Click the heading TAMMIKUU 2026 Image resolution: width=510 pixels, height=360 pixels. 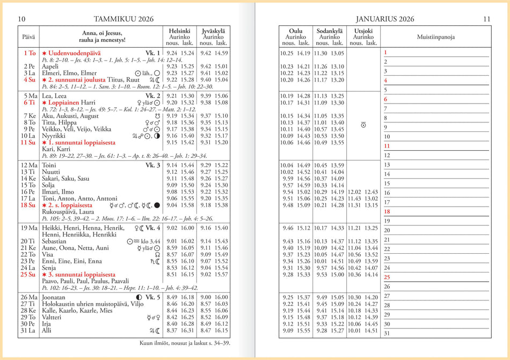[x=123, y=19]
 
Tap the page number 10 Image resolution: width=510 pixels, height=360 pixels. [x=22, y=19]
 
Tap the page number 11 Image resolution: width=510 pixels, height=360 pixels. [x=486, y=19]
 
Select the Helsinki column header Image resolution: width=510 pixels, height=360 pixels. [x=179, y=31]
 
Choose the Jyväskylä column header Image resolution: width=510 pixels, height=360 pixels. [x=213, y=31]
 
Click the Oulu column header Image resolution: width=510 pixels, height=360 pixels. [x=296, y=31]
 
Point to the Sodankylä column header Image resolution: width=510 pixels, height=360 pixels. [x=330, y=31]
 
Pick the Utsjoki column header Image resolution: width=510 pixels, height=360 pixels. [x=363, y=31]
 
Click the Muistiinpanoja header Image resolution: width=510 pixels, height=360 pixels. [x=436, y=37]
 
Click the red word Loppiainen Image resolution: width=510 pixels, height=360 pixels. [x=64, y=102]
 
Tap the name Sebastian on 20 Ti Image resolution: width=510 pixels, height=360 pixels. [x=56, y=241]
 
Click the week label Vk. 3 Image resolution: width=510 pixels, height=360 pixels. [x=153, y=165]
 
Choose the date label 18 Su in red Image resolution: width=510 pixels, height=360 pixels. [x=28, y=205]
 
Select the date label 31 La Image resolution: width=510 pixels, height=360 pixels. [x=28, y=331]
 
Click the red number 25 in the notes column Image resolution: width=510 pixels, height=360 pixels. [x=387, y=277]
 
